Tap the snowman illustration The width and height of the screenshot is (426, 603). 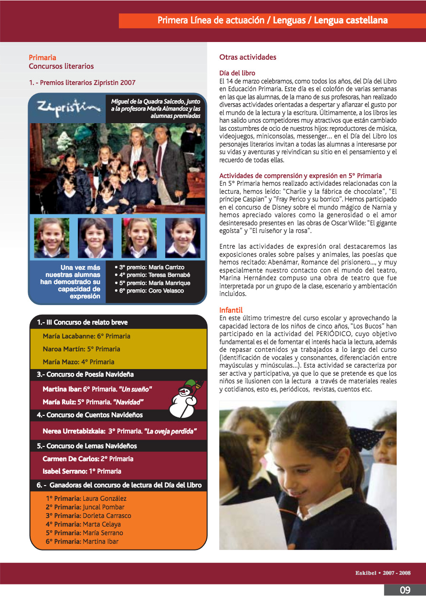pos(184,395)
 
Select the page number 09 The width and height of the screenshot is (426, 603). pos(405,590)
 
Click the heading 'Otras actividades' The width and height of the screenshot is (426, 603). pos(247,57)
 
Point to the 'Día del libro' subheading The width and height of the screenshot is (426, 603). pos(237,73)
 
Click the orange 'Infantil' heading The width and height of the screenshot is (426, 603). pos(231,310)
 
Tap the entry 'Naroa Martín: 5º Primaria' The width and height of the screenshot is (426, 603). pos(81,349)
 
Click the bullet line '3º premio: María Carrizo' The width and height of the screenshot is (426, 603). pos(149,267)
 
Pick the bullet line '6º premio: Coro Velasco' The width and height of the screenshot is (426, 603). pos(149,291)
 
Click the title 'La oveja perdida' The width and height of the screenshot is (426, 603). pos(170,431)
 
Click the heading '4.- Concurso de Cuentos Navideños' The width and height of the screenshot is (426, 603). pos(90,415)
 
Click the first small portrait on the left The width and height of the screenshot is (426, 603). pos(52,238)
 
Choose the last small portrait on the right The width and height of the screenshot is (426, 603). pos(182,238)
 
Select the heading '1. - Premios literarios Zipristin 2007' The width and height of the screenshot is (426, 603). pos(82,83)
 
